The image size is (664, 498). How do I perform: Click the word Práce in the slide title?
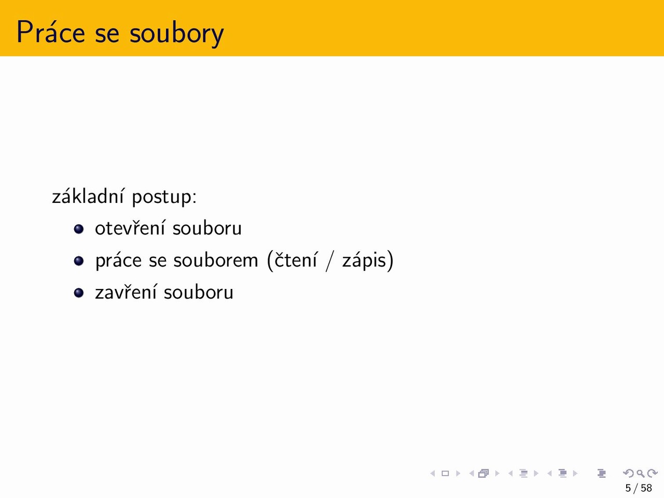[x=51, y=32]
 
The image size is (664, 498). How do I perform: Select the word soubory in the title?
[x=177, y=34]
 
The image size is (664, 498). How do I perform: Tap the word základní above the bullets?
[x=88, y=196]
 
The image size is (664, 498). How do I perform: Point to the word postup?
[x=164, y=198]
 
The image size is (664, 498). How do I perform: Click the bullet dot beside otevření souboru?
[x=79, y=229]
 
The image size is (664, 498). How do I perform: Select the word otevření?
[x=130, y=227]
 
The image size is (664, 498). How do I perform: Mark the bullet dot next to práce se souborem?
[x=79, y=260]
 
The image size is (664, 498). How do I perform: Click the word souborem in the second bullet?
[x=216, y=259]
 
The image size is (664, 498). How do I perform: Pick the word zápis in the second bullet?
[x=364, y=260]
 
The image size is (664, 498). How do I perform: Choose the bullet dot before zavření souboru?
[x=79, y=293]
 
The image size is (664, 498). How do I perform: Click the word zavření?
[x=126, y=292]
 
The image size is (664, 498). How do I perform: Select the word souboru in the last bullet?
[x=199, y=292]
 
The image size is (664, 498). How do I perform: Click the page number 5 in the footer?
[x=628, y=488]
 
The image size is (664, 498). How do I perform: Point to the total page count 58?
[x=646, y=488]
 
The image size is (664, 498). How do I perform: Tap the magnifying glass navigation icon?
[x=641, y=473]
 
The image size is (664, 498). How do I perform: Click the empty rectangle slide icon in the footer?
[x=445, y=473]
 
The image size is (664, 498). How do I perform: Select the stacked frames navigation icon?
[x=483, y=473]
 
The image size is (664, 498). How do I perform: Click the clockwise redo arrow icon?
[x=653, y=473]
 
